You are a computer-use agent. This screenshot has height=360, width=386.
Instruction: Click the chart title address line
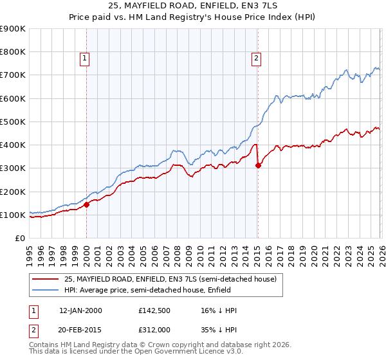192,6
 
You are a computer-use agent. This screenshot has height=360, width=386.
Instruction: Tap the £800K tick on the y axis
13,52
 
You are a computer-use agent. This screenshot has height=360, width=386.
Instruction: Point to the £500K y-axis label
13,122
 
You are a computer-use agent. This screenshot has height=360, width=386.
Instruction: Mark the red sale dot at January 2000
87,205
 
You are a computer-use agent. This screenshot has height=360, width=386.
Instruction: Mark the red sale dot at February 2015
258,166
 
